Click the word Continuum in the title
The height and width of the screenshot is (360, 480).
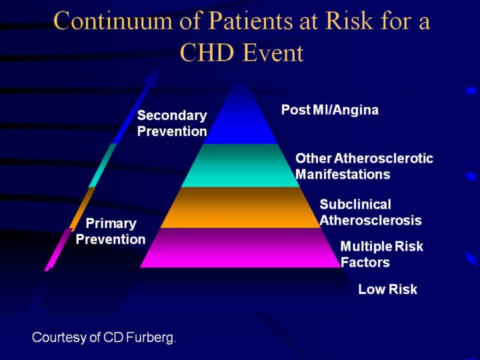pyautogui.click(x=113, y=21)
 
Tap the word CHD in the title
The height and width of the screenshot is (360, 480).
pyautogui.click(x=207, y=53)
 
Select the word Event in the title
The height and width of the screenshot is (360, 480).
pyautogui.click(x=273, y=53)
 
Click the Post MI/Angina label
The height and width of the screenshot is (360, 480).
pyautogui.click(x=330, y=110)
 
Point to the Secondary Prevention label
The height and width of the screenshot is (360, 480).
pyautogui.click(x=172, y=123)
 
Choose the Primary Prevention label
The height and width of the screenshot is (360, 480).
pyautogui.click(x=111, y=231)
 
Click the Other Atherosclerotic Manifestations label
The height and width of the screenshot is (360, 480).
pyautogui.click(x=364, y=166)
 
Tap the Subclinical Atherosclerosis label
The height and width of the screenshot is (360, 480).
pyautogui.click(x=371, y=212)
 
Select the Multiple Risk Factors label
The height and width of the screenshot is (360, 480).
pyautogui.click(x=382, y=254)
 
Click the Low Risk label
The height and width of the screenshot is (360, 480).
pyautogui.click(x=387, y=289)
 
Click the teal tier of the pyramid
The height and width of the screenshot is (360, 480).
pyautogui.click(x=241, y=165)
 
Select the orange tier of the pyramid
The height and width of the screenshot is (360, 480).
pyautogui.click(x=241, y=207)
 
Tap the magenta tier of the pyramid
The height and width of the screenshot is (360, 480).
pyautogui.click(x=241, y=247)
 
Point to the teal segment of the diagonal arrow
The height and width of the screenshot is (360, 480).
pyautogui.click(x=103, y=165)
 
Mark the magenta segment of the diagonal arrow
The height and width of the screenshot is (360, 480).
pyautogui.click(x=58, y=249)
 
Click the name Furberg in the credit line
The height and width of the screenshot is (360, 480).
pyautogui.click(x=151, y=337)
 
